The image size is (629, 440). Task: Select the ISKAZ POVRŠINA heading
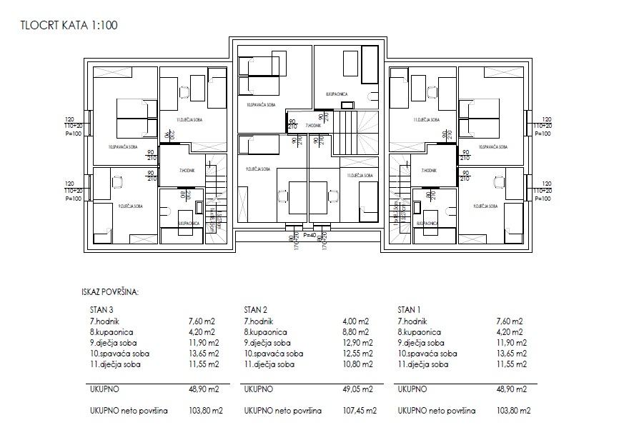point(111,291)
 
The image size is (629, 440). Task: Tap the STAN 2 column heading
point(256,311)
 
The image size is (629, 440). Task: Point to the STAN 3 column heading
point(101,311)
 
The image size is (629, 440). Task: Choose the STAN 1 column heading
point(409,311)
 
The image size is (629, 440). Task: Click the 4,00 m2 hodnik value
point(357,321)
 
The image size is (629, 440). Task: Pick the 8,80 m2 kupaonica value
point(357,332)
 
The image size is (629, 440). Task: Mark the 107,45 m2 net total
point(357,411)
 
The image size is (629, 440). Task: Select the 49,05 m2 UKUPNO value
point(357,389)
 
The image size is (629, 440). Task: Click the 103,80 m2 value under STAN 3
point(204,411)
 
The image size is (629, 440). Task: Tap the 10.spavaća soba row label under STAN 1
point(427,354)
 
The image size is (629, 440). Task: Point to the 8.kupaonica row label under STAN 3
point(112,332)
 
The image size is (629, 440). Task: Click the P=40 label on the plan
point(309,234)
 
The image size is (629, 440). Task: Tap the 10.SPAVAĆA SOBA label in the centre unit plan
point(261,105)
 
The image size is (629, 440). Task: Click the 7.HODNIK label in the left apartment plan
point(187,171)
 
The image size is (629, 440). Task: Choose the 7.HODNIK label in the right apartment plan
point(430,171)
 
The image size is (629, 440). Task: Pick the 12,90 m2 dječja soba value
point(357,343)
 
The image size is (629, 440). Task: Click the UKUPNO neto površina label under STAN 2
point(282,411)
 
